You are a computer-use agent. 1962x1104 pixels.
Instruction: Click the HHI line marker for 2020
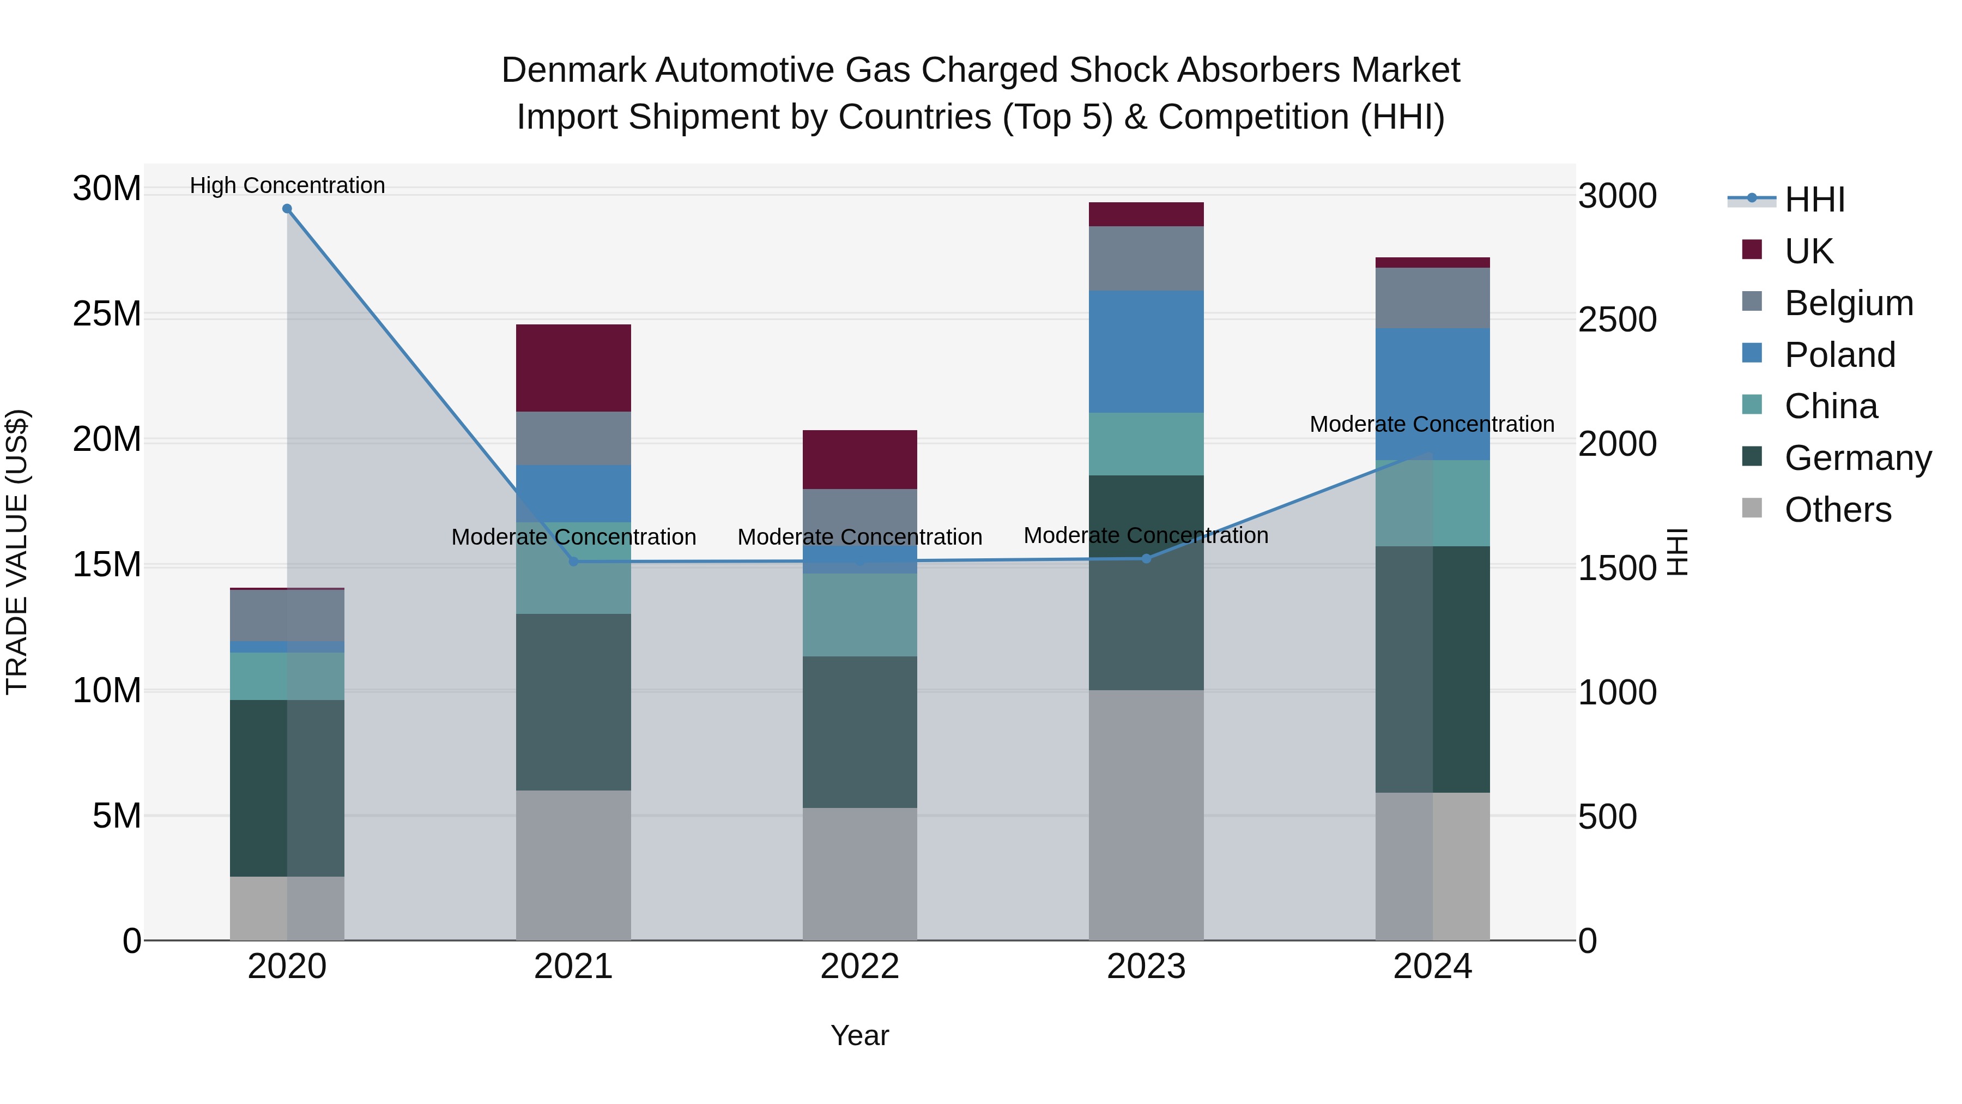[x=287, y=209]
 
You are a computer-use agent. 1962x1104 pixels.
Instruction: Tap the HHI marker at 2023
[x=1146, y=558]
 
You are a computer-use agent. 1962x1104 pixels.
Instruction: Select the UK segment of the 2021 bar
[x=573, y=368]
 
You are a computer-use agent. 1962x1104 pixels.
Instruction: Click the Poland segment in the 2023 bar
[x=1146, y=351]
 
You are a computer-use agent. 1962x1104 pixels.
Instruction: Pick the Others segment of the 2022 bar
[x=860, y=874]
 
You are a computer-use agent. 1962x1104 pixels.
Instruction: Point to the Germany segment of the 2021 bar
[x=573, y=702]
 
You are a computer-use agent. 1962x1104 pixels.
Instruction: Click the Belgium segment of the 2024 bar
[x=1433, y=298]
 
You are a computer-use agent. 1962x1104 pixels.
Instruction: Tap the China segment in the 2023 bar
[x=1146, y=444]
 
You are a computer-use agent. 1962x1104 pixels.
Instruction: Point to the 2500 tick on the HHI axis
[x=1617, y=320]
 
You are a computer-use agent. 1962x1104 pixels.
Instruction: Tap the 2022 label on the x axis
[x=860, y=967]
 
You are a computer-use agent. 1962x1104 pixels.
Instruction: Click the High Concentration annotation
[x=287, y=185]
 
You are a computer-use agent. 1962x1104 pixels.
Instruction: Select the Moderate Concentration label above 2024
[x=1432, y=424]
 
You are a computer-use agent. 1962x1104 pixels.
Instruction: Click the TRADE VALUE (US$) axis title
[x=17, y=552]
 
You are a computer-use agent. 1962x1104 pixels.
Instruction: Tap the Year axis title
[x=860, y=1035]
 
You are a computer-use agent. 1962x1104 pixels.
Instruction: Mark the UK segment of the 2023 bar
[x=1146, y=214]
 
